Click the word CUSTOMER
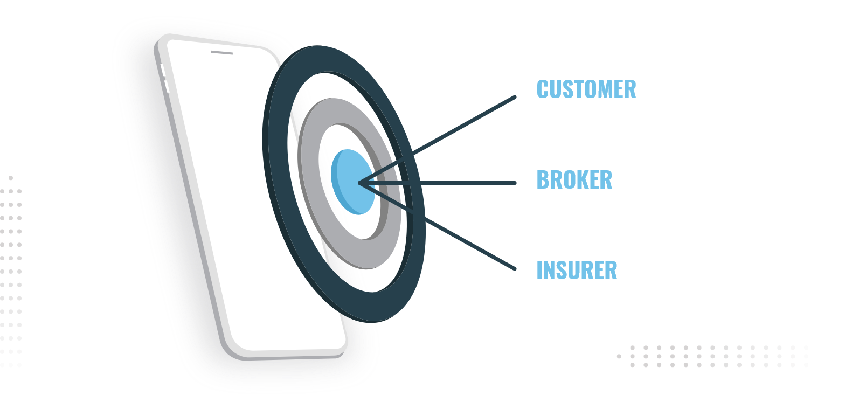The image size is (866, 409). coord(586,89)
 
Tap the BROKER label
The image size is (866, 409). coord(574,180)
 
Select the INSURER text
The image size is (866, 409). coord(577,271)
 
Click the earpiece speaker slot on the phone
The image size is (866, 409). coord(221,53)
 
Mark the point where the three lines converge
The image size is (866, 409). coord(359,184)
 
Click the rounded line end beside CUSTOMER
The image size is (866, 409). coord(515,98)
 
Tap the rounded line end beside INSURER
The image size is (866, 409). coord(515,268)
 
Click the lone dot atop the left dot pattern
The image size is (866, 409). coord(11,178)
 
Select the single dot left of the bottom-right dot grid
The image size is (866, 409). coord(619,356)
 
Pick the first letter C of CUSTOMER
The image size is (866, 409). coord(543,89)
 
